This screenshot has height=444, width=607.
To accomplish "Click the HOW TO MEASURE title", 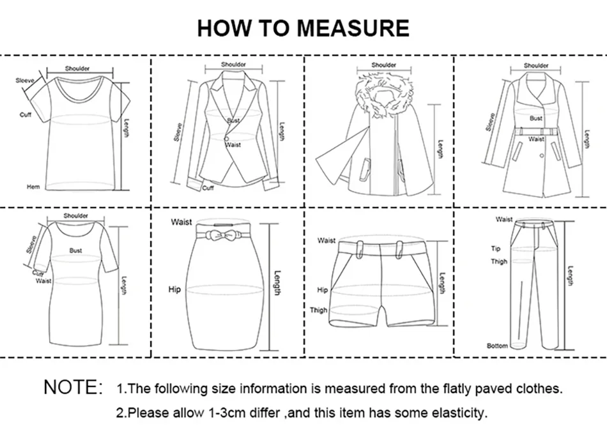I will [x=303, y=28].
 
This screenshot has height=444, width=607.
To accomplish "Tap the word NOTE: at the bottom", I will [x=73, y=387].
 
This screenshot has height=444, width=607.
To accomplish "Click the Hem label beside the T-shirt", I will [x=33, y=187].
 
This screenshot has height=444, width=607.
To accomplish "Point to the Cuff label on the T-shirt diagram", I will [x=26, y=114].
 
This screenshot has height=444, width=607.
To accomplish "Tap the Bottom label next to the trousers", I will [x=497, y=346].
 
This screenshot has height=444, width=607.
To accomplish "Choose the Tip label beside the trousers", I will [x=495, y=249].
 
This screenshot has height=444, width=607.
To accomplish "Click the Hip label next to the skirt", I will [x=174, y=289].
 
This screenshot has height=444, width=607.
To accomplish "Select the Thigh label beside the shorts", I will [x=318, y=310].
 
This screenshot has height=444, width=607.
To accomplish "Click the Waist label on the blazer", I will [x=233, y=145].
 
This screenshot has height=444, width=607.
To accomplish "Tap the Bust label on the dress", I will [x=75, y=251].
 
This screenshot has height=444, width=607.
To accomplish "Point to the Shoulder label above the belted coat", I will [x=535, y=65].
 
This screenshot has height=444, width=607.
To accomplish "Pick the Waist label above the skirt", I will [x=181, y=222].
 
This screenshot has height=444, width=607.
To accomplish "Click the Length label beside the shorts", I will [x=442, y=283].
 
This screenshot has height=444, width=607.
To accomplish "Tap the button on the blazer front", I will [x=227, y=140].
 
